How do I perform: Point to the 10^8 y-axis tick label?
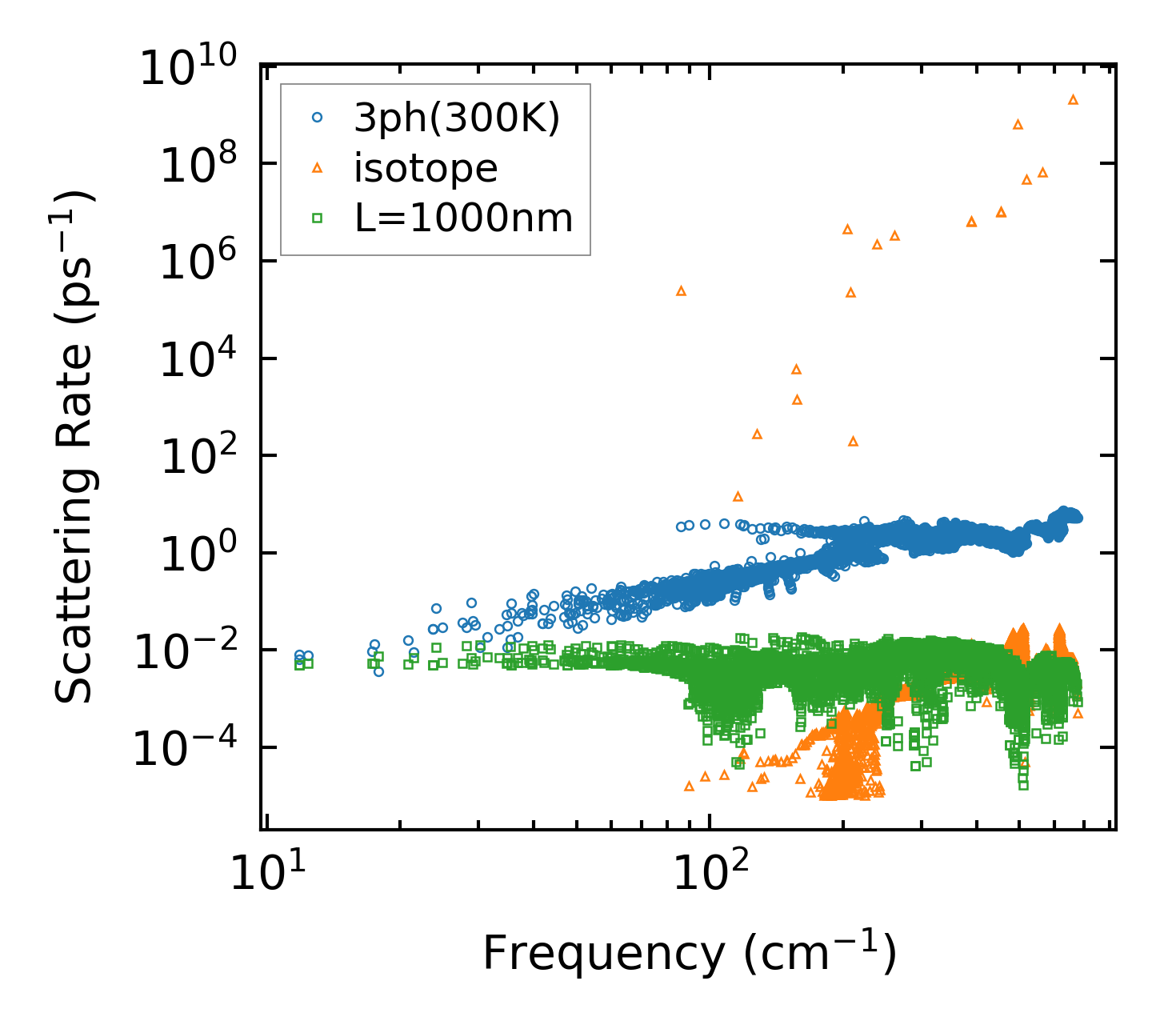[x=201, y=164]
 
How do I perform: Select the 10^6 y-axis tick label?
[x=201, y=262]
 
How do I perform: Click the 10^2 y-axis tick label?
[x=201, y=456]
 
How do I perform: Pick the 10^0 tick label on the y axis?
[x=201, y=554]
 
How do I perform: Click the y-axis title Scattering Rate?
[x=74, y=448]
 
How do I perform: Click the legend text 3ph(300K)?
[x=457, y=119]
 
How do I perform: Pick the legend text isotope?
[x=426, y=168]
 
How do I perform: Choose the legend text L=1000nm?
[x=464, y=218]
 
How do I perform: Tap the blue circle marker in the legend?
[x=317, y=118]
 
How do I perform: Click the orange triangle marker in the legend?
[x=317, y=167]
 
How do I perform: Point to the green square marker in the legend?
[x=317, y=217]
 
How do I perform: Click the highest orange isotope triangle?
[x=1074, y=99]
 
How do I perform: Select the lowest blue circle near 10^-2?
[x=378, y=671]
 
